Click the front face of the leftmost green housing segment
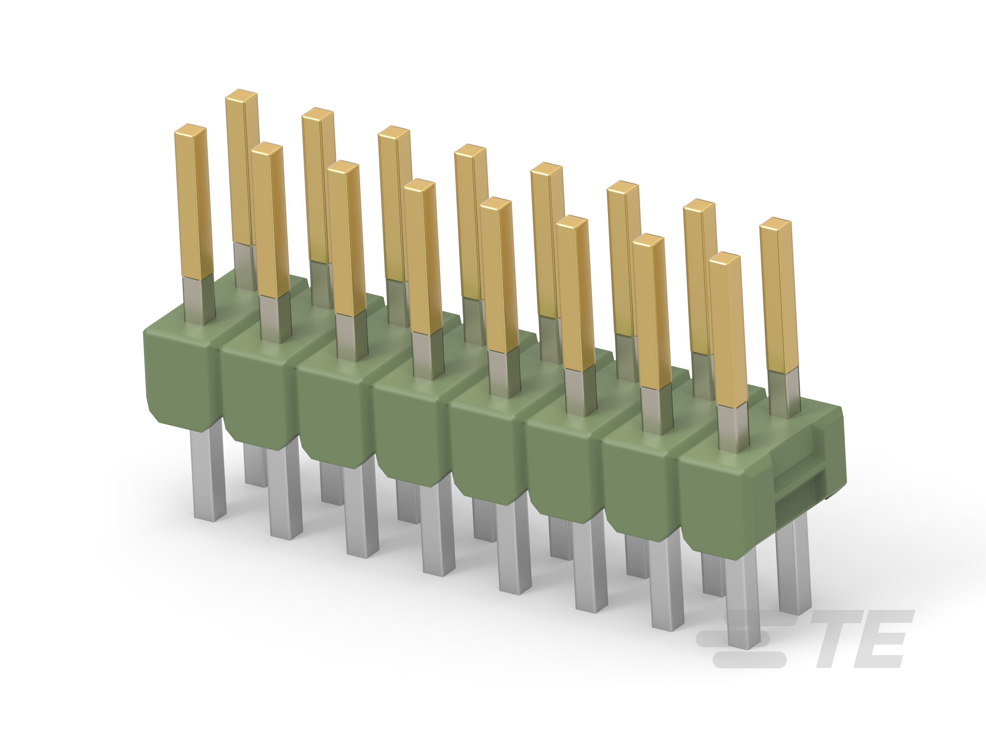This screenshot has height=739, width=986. point(178,379)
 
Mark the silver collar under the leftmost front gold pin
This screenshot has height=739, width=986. point(200,301)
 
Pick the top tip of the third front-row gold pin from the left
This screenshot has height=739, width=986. point(343,167)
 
